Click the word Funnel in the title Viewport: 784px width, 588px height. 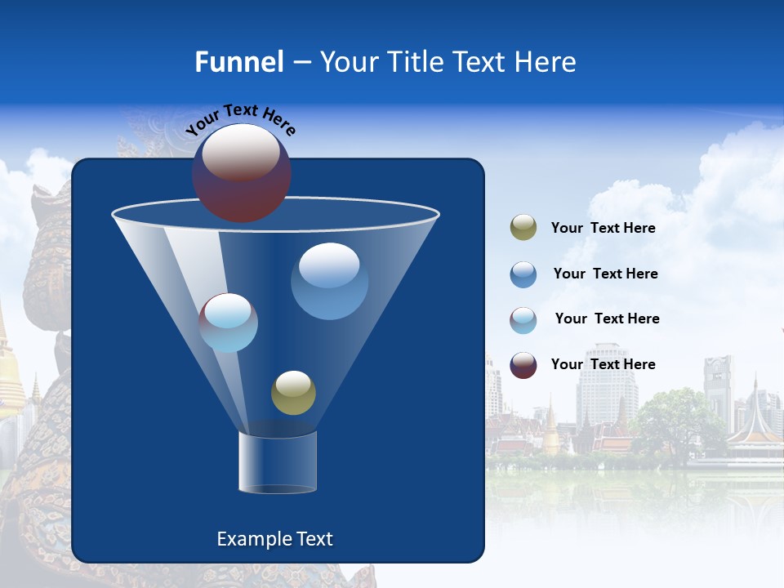coord(238,61)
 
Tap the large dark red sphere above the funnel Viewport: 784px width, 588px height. coord(241,172)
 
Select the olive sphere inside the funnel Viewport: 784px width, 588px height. coord(293,392)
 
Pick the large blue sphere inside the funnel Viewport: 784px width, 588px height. coord(329,281)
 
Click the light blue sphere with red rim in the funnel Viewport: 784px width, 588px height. coord(228,323)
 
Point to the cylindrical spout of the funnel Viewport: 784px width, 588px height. coord(277,462)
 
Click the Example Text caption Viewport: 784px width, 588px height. coord(274,539)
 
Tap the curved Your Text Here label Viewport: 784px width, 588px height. coord(240,119)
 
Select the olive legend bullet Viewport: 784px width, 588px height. coord(523,228)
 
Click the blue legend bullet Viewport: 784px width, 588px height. coord(523,274)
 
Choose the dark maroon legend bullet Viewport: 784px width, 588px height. coord(523,365)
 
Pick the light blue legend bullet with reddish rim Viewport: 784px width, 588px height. coord(523,319)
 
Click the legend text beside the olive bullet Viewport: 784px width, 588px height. coord(603,228)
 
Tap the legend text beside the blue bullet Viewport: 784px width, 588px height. coord(605,274)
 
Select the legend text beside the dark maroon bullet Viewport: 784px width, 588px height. coord(603,364)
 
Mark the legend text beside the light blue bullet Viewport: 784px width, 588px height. coord(607,318)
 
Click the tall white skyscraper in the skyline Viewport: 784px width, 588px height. coord(605,392)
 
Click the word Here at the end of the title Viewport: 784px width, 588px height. coord(546,61)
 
